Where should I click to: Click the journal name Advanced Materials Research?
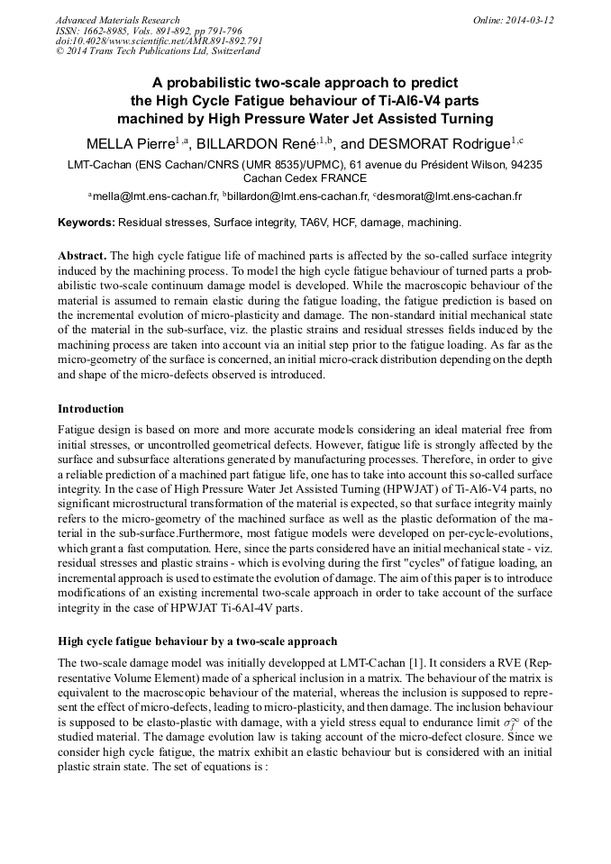(x=117, y=20)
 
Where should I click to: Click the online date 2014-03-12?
(x=527, y=20)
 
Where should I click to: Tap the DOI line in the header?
(x=159, y=41)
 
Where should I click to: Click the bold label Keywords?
(x=86, y=222)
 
